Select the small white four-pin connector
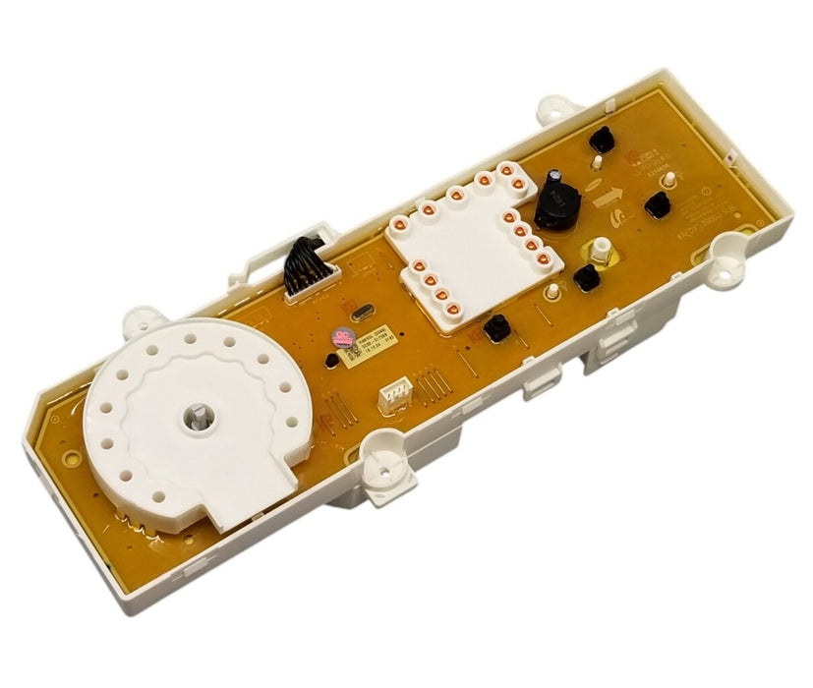(393, 394)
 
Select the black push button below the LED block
(497, 326)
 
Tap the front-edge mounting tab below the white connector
(378, 455)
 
